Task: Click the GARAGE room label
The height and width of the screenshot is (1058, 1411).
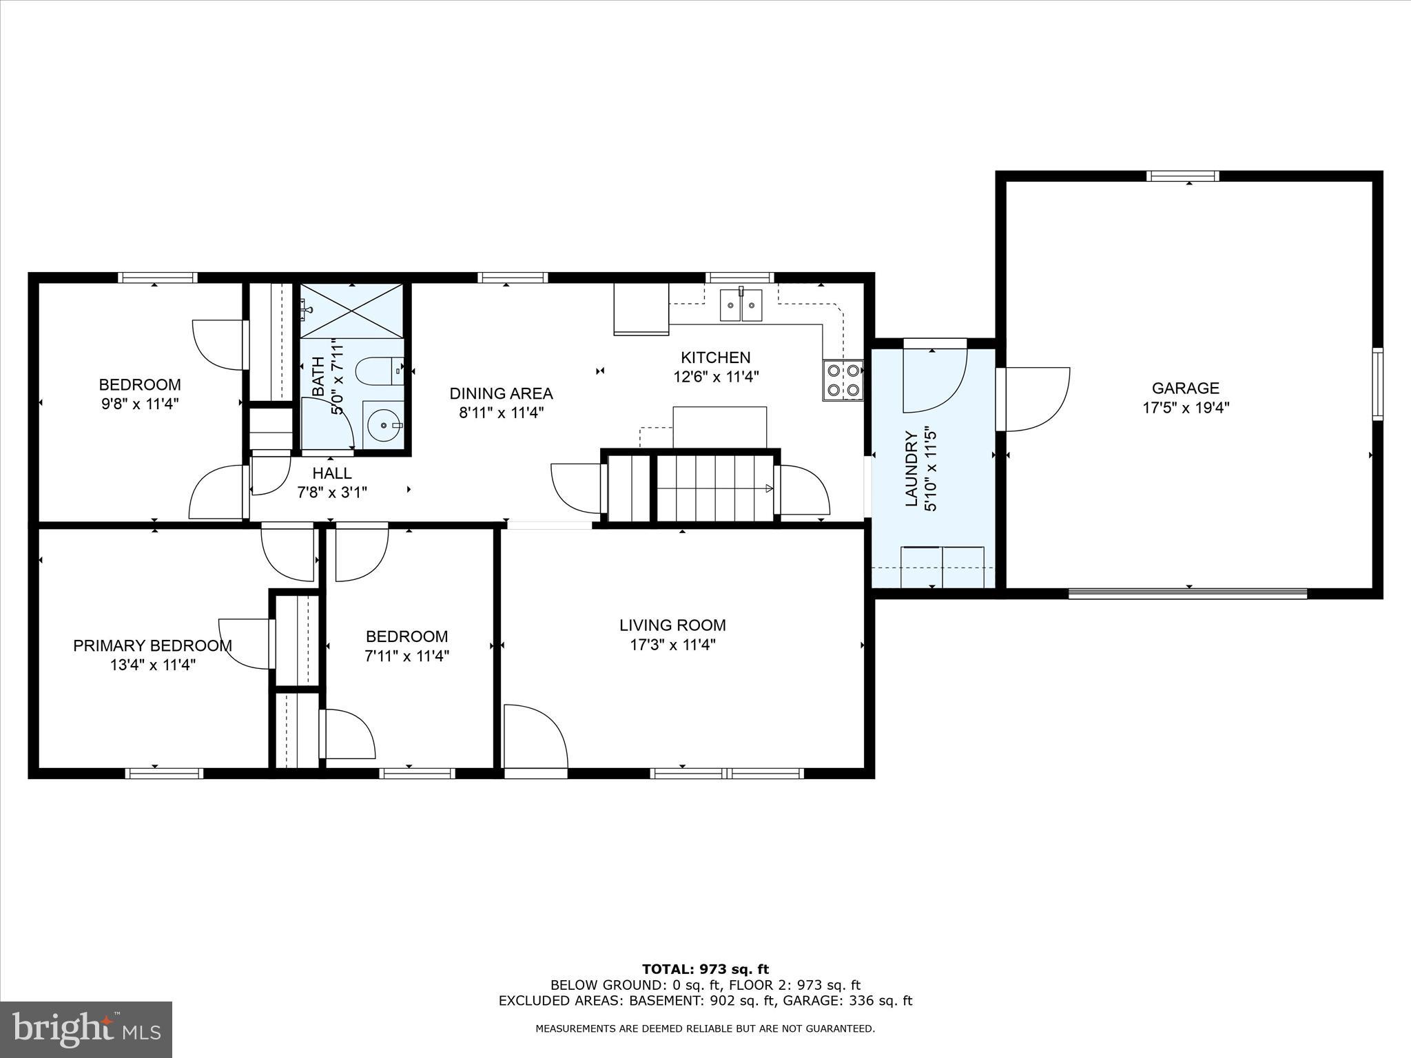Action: tap(1185, 388)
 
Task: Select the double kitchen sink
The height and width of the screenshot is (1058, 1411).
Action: tap(741, 305)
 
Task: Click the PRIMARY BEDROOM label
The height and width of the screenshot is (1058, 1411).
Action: tap(152, 645)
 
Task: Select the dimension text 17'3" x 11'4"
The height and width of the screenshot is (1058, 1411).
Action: tap(672, 645)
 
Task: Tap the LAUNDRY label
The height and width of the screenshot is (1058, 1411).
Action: tap(911, 468)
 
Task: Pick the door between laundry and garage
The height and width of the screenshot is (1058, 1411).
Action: tap(1033, 400)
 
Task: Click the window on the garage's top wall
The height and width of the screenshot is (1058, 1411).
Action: tap(1182, 176)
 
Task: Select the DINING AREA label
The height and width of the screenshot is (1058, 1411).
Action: tap(501, 393)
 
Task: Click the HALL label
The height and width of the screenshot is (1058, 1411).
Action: tap(332, 473)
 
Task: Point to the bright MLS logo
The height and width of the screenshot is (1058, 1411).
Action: tap(86, 1029)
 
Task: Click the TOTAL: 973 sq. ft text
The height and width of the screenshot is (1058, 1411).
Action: tap(705, 969)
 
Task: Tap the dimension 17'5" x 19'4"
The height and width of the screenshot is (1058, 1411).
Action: tap(1185, 408)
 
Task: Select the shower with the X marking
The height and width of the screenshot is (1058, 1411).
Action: tap(351, 311)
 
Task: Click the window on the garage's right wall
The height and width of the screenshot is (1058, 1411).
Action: tap(1377, 384)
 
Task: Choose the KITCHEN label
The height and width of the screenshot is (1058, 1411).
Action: tap(715, 357)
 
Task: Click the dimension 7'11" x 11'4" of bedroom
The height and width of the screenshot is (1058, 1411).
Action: tap(406, 656)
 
